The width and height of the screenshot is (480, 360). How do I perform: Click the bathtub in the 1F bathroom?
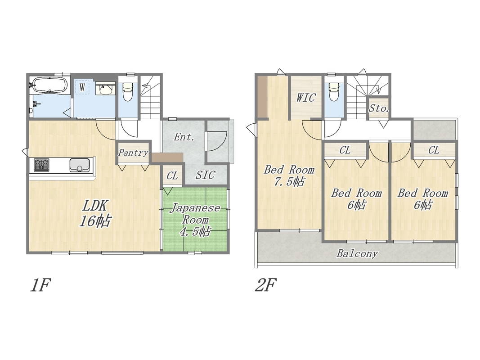tap(49, 85)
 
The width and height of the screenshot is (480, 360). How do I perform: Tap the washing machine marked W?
tap(82, 87)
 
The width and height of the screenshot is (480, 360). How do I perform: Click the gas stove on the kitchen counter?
tap(41, 165)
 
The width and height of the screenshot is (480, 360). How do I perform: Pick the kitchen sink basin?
tap(79, 165)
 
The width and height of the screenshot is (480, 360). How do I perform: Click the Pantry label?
tap(133, 153)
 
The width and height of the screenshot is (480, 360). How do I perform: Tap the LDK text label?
tap(94, 206)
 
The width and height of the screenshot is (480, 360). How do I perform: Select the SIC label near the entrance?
tap(206, 175)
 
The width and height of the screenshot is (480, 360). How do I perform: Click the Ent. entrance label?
tap(184, 137)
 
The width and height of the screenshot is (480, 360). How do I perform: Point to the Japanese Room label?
tap(195, 214)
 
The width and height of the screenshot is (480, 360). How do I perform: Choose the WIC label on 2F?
tap(306, 98)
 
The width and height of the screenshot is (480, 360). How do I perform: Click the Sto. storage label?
tap(379, 108)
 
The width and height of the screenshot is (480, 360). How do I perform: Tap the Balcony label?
tap(357, 253)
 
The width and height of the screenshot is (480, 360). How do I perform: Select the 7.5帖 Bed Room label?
tap(289, 175)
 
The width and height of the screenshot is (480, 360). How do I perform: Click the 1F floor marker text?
tap(40, 285)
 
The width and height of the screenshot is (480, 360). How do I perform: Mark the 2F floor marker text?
tap(265, 285)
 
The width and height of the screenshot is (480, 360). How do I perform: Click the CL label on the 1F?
tap(172, 175)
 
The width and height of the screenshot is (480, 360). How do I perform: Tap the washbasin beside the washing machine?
tap(106, 90)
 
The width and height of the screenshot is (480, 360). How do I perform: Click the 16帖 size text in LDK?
tap(95, 220)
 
